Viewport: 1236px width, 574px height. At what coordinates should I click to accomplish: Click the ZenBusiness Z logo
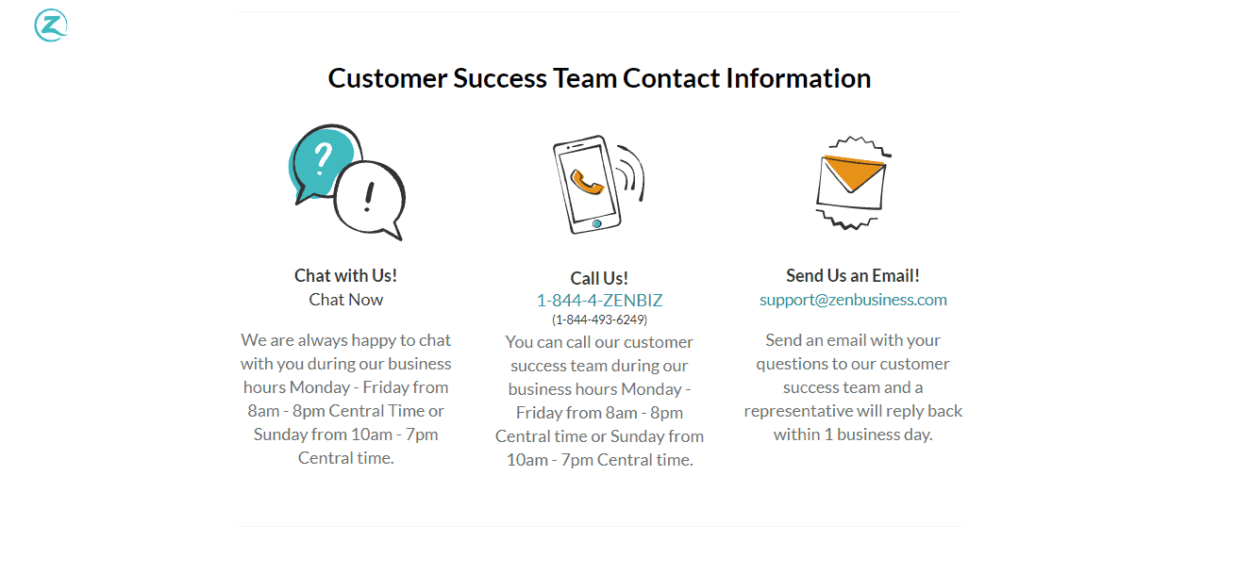[x=51, y=25]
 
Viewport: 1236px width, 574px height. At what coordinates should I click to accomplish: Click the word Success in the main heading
[x=500, y=78]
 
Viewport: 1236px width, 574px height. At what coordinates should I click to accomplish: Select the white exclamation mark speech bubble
[x=370, y=199]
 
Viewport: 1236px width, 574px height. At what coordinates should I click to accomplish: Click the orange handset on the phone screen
[x=586, y=182]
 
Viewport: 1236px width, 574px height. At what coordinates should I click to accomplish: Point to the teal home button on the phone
[x=596, y=224]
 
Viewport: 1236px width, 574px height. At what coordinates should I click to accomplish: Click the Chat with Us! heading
[x=345, y=276]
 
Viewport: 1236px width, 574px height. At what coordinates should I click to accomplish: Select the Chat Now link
[x=345, y=300]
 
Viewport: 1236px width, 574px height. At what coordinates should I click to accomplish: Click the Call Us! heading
[x=599, y=278]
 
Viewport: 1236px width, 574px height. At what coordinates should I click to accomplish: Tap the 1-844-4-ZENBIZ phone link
[x=599, y=301]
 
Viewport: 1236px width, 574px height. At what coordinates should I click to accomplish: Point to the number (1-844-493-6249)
[x=599, y=320]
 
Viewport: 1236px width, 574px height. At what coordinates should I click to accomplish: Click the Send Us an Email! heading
[x=853, y=276]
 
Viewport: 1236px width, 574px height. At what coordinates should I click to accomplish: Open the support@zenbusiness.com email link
[x=853, y=300]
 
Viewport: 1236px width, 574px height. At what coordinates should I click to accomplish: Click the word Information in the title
[x=798, y=78]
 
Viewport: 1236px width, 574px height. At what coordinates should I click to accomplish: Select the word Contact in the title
[x=672, y=78]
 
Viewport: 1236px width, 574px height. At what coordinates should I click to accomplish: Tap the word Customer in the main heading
[x=388, y=78]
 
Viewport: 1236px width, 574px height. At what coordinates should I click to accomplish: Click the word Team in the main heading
[x=585, y=78]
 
